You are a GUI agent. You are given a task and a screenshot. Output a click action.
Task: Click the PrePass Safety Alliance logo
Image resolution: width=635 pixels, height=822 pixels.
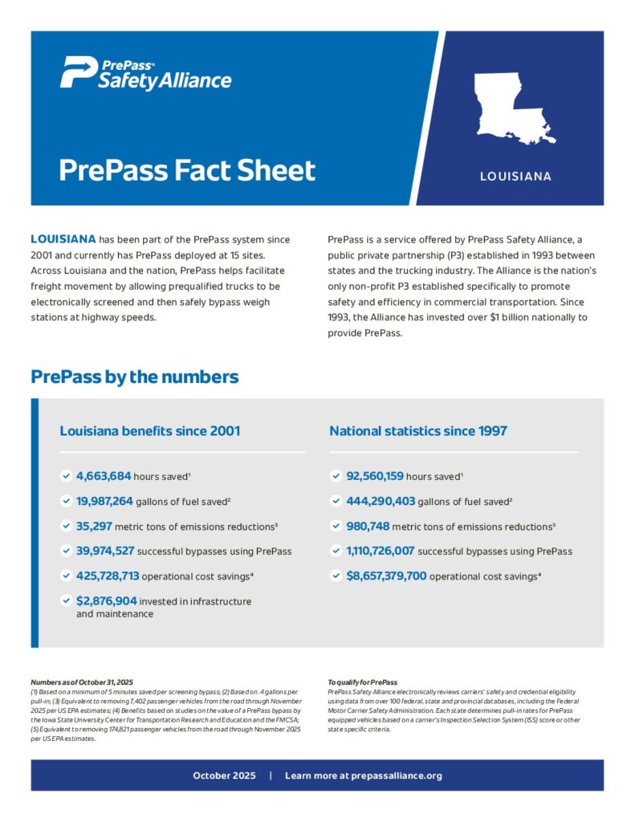[145, 73]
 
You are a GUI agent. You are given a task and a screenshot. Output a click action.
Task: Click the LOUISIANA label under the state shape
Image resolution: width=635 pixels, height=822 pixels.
[515, 176]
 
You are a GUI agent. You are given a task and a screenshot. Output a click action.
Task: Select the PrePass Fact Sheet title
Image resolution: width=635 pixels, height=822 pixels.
[187, 170]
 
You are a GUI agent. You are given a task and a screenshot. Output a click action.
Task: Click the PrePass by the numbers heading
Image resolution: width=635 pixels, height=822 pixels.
[134, 376]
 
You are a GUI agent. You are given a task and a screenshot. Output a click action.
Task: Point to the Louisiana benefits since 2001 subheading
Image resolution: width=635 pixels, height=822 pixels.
[149, 431]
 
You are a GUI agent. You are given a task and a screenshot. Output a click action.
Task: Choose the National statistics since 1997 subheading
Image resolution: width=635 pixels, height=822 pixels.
[417, 431]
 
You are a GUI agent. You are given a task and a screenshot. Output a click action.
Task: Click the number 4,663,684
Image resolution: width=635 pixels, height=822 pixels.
[104, 476]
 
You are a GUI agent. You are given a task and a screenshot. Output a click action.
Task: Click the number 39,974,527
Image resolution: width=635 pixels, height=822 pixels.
[104, 551]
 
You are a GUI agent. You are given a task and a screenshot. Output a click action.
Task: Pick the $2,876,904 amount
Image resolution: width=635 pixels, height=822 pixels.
[106, 600]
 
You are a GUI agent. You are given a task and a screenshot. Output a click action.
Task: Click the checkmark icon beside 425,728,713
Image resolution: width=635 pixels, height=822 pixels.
[65, 576]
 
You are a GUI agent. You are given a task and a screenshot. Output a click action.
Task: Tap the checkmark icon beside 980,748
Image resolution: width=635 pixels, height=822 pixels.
[336, 526]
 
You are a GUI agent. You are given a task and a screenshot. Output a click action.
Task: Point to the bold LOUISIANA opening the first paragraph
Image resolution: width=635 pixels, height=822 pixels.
[63, 239]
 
